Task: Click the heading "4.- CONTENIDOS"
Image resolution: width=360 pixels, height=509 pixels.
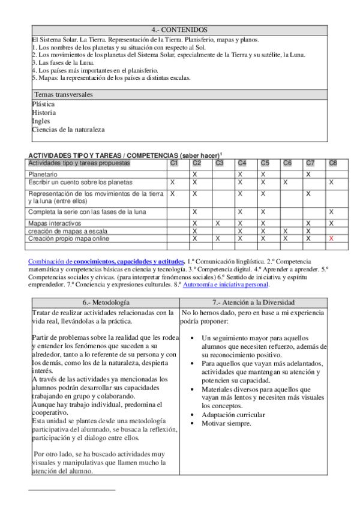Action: click(179, 29)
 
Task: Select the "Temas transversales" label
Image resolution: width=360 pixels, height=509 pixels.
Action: click(63, 95)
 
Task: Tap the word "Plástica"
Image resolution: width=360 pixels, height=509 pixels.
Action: click(44, 104)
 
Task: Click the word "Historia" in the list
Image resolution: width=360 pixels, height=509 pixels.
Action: click(44, 112)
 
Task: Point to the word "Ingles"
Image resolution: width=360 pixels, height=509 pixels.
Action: click(41, 121)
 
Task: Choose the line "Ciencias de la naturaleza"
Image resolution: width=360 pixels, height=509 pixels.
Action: click(68, 129)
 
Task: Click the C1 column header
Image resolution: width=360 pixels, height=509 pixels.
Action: click(174, 163)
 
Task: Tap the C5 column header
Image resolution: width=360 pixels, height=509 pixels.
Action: click(264, 163)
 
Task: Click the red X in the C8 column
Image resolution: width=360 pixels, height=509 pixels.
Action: click(331, 238)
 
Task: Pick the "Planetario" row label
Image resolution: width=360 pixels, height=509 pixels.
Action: click(44, 173)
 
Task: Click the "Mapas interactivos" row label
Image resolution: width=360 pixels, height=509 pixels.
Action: click(55, 223)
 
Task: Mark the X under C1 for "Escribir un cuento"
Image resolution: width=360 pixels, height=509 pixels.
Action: click(173, 182)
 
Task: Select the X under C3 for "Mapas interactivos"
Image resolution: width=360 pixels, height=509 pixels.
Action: click(218, 223)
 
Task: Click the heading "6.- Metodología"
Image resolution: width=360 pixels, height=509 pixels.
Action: click(106, 302)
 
